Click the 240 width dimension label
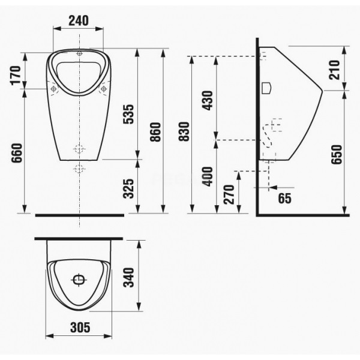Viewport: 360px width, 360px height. click(x=78, y=20)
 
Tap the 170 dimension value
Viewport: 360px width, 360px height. click(x=16, y=76)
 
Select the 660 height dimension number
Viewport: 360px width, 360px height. click(x=17, y=153)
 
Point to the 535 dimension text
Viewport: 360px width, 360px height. click(x=128, y=114)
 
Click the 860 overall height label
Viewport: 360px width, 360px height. click(x=155, y=132)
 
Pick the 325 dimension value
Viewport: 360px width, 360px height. click(x=128, y=188)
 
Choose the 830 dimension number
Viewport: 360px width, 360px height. click(x=184, y=131)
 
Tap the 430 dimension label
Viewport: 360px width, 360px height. click(x=208, y=100)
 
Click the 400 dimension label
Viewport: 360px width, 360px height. click(x=208, y=176)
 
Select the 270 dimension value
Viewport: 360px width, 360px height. click(x=229, y=194)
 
